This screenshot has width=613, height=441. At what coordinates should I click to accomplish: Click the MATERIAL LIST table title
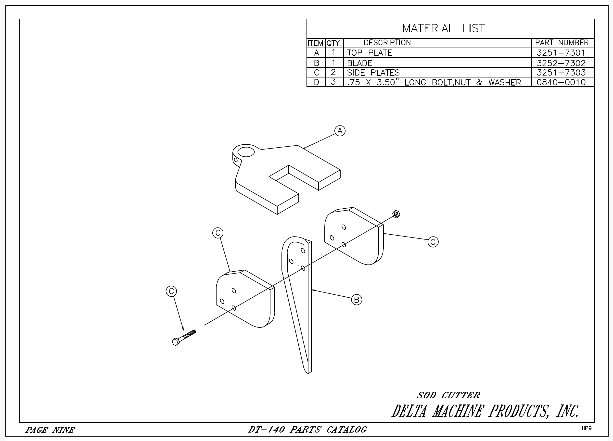[444, 28]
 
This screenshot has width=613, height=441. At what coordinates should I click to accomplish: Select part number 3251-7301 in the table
[561, 53]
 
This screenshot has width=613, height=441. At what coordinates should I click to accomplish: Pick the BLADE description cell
[360, 63]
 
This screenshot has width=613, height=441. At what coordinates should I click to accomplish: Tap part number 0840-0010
[561, 82]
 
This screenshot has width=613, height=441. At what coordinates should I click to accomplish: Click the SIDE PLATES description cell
[373, 72]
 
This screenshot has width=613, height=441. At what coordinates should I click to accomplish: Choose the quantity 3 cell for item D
[333, 82]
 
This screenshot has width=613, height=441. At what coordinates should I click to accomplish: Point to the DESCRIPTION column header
[387, 43]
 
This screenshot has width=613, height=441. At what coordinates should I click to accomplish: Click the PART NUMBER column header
[562, 43]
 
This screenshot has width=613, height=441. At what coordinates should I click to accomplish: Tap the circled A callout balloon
[340, 131]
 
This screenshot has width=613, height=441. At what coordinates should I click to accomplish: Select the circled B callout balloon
[356, 300]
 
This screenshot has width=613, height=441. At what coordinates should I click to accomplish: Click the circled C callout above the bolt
[171, 291]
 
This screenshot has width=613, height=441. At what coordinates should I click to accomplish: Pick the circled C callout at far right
[433, 242]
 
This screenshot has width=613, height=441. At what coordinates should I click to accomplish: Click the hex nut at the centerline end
[396, 214]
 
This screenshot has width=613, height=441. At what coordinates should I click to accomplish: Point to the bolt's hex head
[175, 342]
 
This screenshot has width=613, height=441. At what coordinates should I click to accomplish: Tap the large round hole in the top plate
[246, 152]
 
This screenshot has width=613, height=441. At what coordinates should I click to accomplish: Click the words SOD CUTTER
[448, 395]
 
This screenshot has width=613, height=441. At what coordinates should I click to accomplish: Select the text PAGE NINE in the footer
[50, 430]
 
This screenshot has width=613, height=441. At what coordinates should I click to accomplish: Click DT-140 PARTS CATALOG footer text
[307, 430]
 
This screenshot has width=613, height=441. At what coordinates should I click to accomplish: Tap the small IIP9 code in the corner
[587, 428]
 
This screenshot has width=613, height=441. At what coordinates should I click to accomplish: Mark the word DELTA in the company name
[409, 412]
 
